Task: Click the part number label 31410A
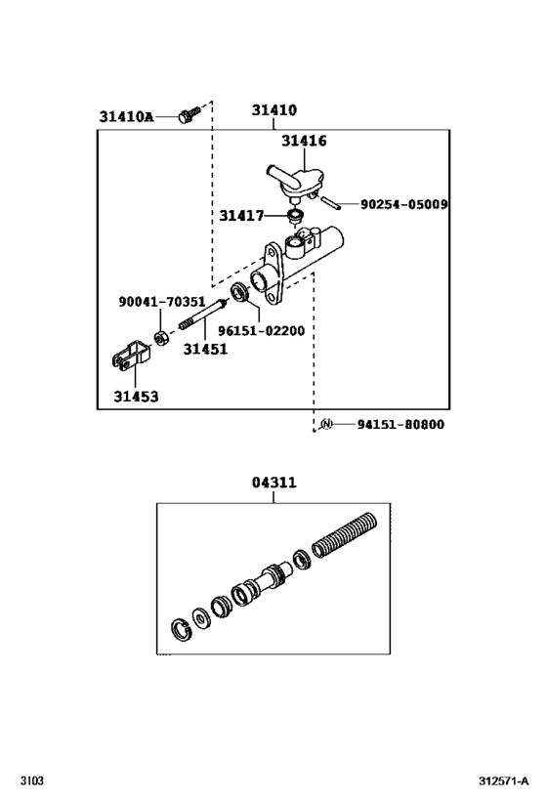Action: tap(126, 117)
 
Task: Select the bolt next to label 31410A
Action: tap(190, 114)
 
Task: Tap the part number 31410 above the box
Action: tap(273, 111)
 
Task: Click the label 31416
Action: tap(304, 141)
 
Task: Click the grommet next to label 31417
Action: tap(293, 215)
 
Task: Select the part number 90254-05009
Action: tap(403, 205)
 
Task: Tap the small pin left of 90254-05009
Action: tap(331, 205)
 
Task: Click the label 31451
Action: tap(206, 348)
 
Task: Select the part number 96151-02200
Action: tap(261, 331)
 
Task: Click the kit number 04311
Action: tap(273, 483)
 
